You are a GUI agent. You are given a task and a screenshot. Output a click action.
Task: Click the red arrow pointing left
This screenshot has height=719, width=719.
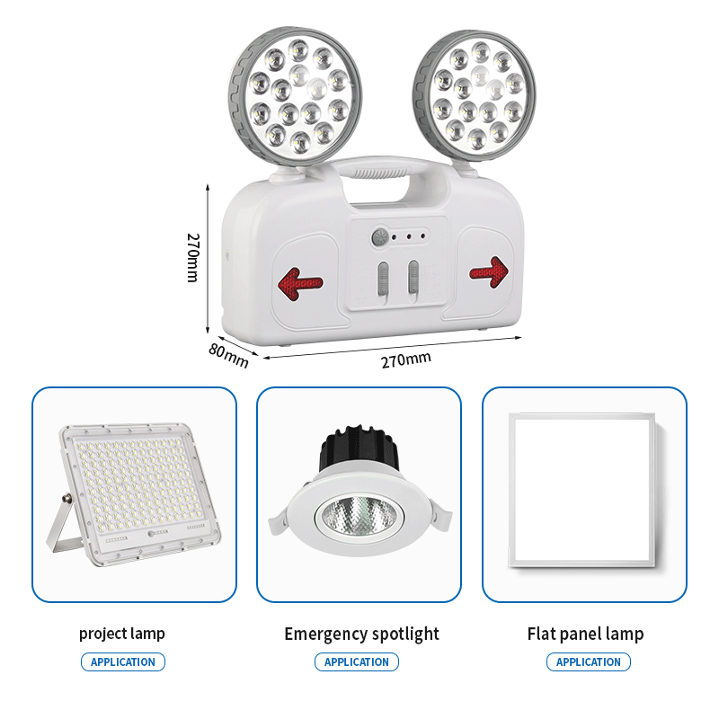click(300, 284)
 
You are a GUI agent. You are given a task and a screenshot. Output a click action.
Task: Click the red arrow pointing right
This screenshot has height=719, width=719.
click(489, 272)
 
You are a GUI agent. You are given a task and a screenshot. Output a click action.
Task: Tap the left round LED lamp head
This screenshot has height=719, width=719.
click(296, 95)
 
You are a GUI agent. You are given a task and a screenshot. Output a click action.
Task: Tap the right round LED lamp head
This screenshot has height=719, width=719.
click(475, 94)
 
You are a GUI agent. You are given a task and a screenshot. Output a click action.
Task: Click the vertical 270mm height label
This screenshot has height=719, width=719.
click(193, 258)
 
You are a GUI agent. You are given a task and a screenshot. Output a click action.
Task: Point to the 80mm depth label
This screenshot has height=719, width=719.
click(228, 355)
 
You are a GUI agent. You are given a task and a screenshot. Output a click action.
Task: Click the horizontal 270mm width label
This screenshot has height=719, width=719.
click(406, 360)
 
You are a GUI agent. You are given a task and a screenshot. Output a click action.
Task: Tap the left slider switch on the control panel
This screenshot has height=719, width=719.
click(383, 279)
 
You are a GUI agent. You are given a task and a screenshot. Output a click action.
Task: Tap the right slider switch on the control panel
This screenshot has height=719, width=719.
click(413, 277)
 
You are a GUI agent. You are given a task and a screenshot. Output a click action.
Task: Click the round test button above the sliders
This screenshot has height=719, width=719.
click(379, 237)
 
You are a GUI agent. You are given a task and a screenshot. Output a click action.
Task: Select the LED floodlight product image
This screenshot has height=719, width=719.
click(133, 493)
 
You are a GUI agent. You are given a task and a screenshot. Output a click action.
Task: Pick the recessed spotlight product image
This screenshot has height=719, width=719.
click(360, 491)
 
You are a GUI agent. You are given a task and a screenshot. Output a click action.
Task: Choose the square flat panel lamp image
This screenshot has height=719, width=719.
click(582, 490)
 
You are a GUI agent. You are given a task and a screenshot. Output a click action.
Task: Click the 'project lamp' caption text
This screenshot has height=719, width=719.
click(122, 635)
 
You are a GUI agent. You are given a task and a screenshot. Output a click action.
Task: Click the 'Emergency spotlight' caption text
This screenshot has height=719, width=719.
click(362, 635)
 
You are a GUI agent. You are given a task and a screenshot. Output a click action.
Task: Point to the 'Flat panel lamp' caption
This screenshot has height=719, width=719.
click(586, 635)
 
